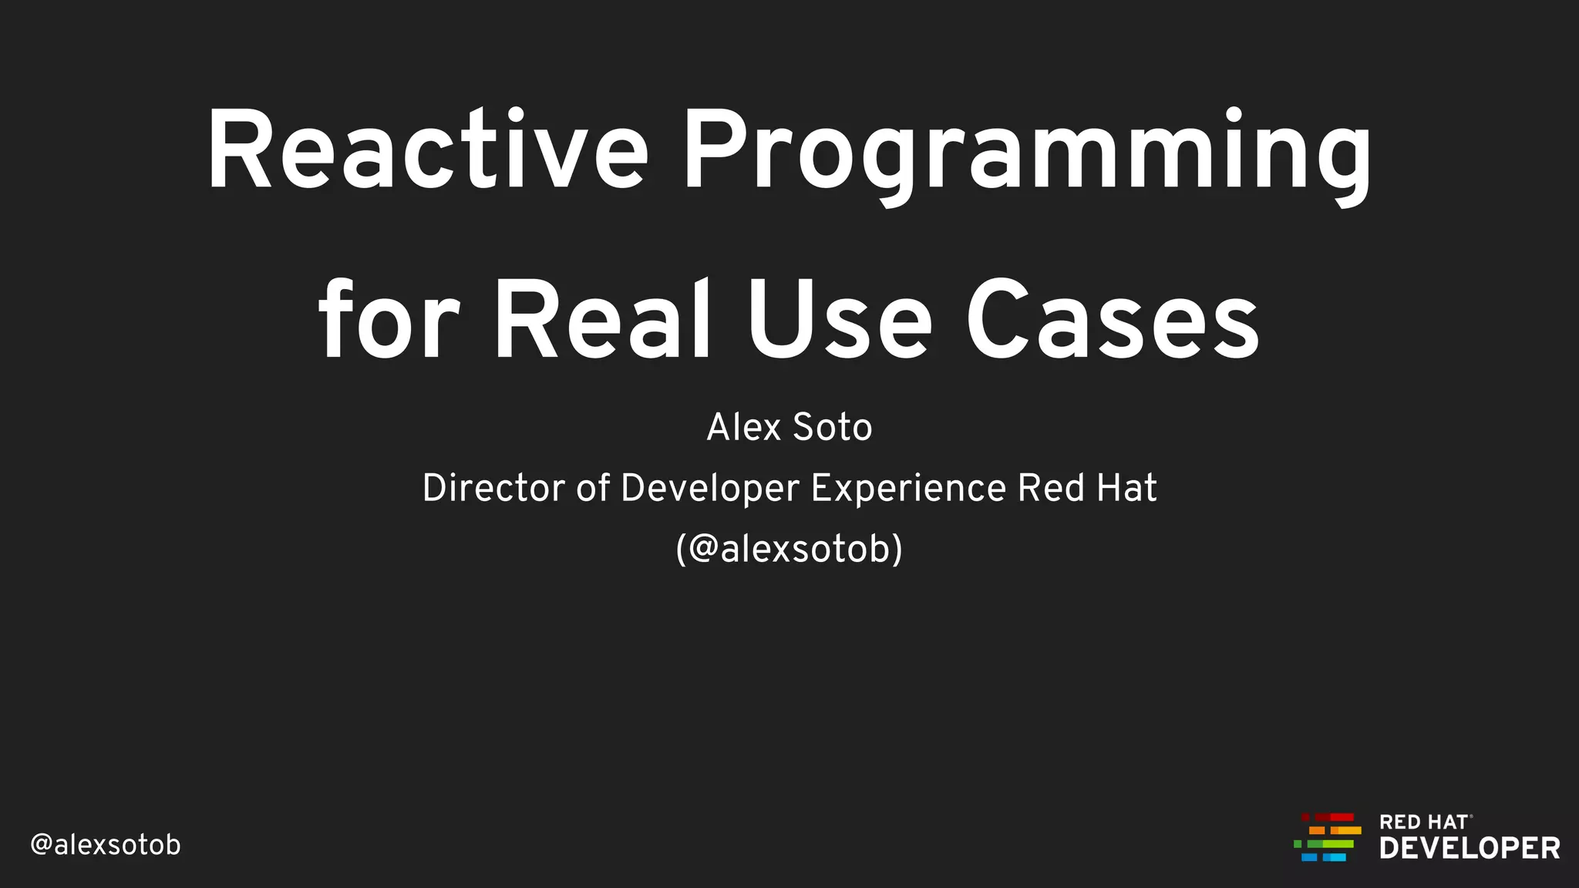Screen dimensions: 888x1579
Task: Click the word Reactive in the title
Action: click(428, 150)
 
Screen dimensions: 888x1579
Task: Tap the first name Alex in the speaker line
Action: click(743, 428)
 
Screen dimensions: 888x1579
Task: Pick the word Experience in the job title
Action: click(908, 489)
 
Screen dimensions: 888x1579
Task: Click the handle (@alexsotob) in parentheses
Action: click(789, 550)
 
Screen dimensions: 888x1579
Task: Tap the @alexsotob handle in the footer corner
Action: click(106, 845)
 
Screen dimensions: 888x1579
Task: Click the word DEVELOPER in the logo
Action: click(1470, 849)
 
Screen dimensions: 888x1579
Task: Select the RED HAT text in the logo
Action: click(1423, 822)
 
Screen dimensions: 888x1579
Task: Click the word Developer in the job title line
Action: click(709, 489)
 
